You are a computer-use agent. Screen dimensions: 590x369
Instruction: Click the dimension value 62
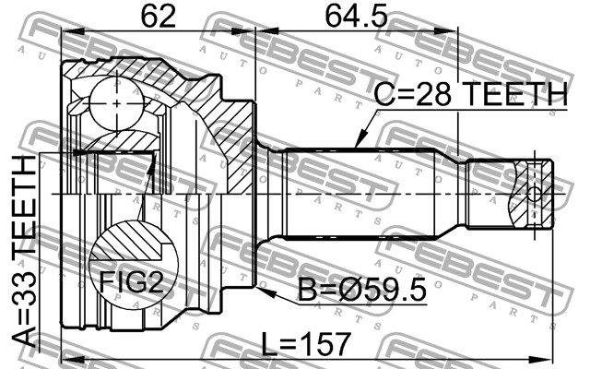tap(159, 17)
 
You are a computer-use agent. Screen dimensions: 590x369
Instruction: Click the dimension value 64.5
tap(356, 17)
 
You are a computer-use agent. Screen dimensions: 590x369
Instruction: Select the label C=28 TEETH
tap(470, 94)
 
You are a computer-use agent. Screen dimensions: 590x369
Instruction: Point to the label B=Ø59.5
tap(362, 290)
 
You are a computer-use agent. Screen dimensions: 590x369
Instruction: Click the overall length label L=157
tap(306, 344)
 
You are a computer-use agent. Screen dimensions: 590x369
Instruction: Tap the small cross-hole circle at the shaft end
tap(534, 195)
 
